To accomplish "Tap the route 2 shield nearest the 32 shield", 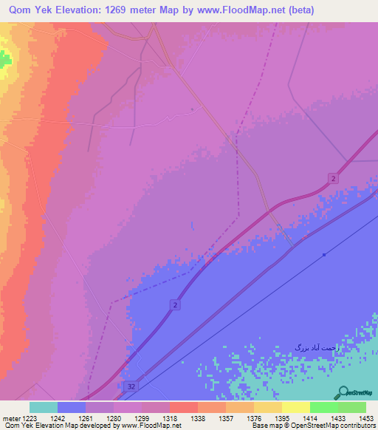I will coord(175,304).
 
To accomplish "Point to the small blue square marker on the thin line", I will coord(324,255).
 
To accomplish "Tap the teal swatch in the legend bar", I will coord(44,407).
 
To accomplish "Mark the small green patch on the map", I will coord(5,59).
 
